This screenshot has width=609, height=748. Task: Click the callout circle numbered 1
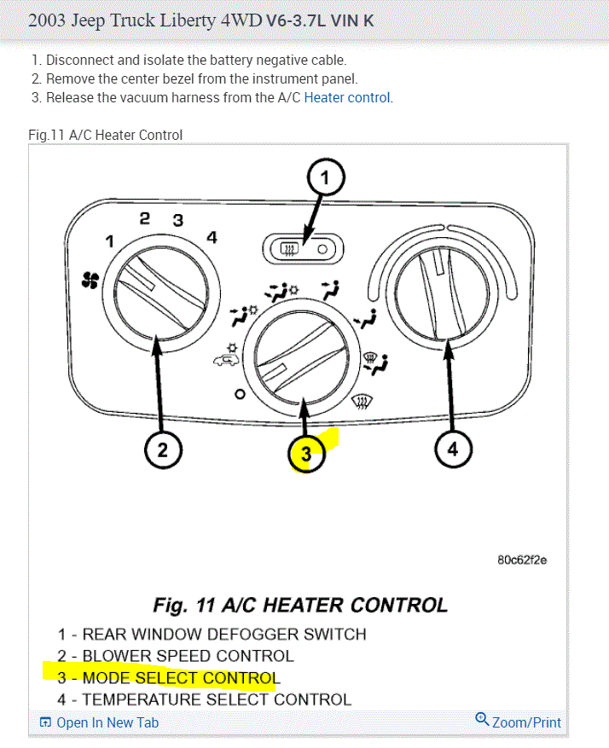point(325,179)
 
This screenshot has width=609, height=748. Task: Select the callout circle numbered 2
point(163,449)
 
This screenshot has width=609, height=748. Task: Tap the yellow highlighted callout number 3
point(307,455)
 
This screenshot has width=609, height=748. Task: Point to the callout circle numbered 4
point(453,449)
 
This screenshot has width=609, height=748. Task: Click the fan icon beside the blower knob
point(90,279)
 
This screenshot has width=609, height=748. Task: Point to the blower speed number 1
point(109,241)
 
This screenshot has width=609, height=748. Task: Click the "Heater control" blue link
point(347,97)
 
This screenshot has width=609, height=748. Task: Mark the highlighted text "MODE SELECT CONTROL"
point(180,678)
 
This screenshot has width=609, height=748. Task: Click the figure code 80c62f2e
point(521,560)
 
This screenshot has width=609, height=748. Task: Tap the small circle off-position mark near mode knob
point(240,395)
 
